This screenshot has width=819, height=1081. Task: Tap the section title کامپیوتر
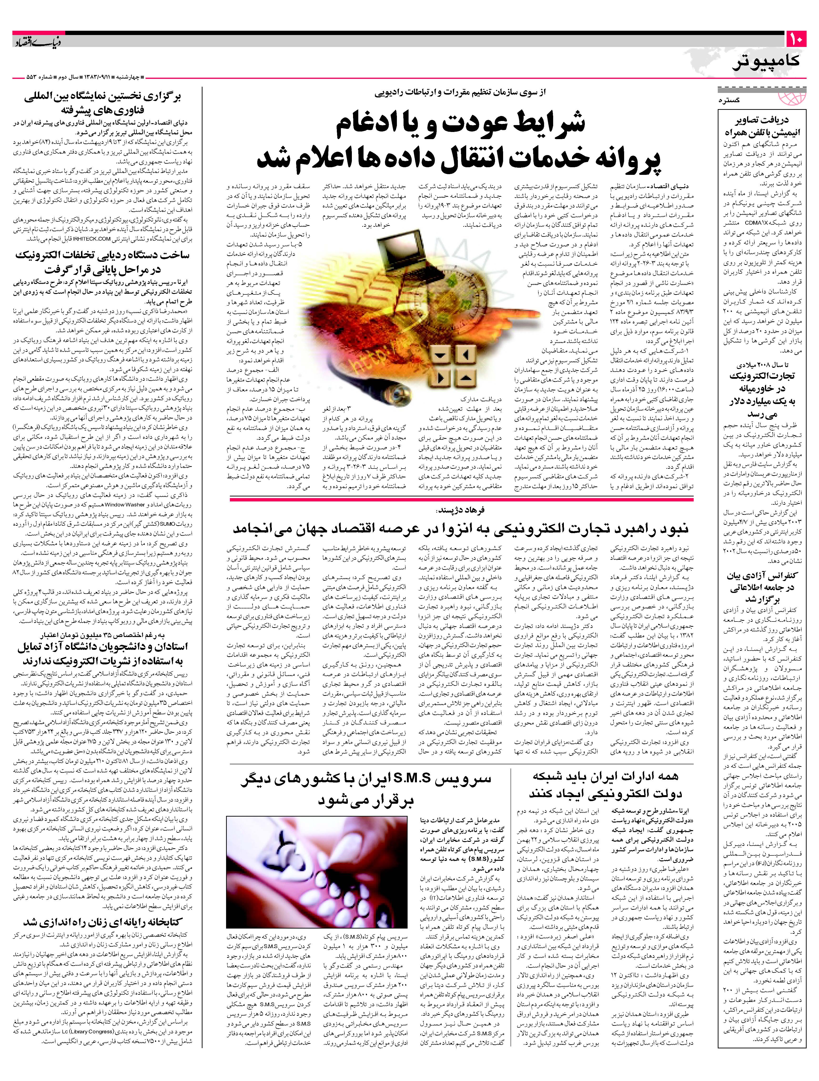point(766,61)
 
